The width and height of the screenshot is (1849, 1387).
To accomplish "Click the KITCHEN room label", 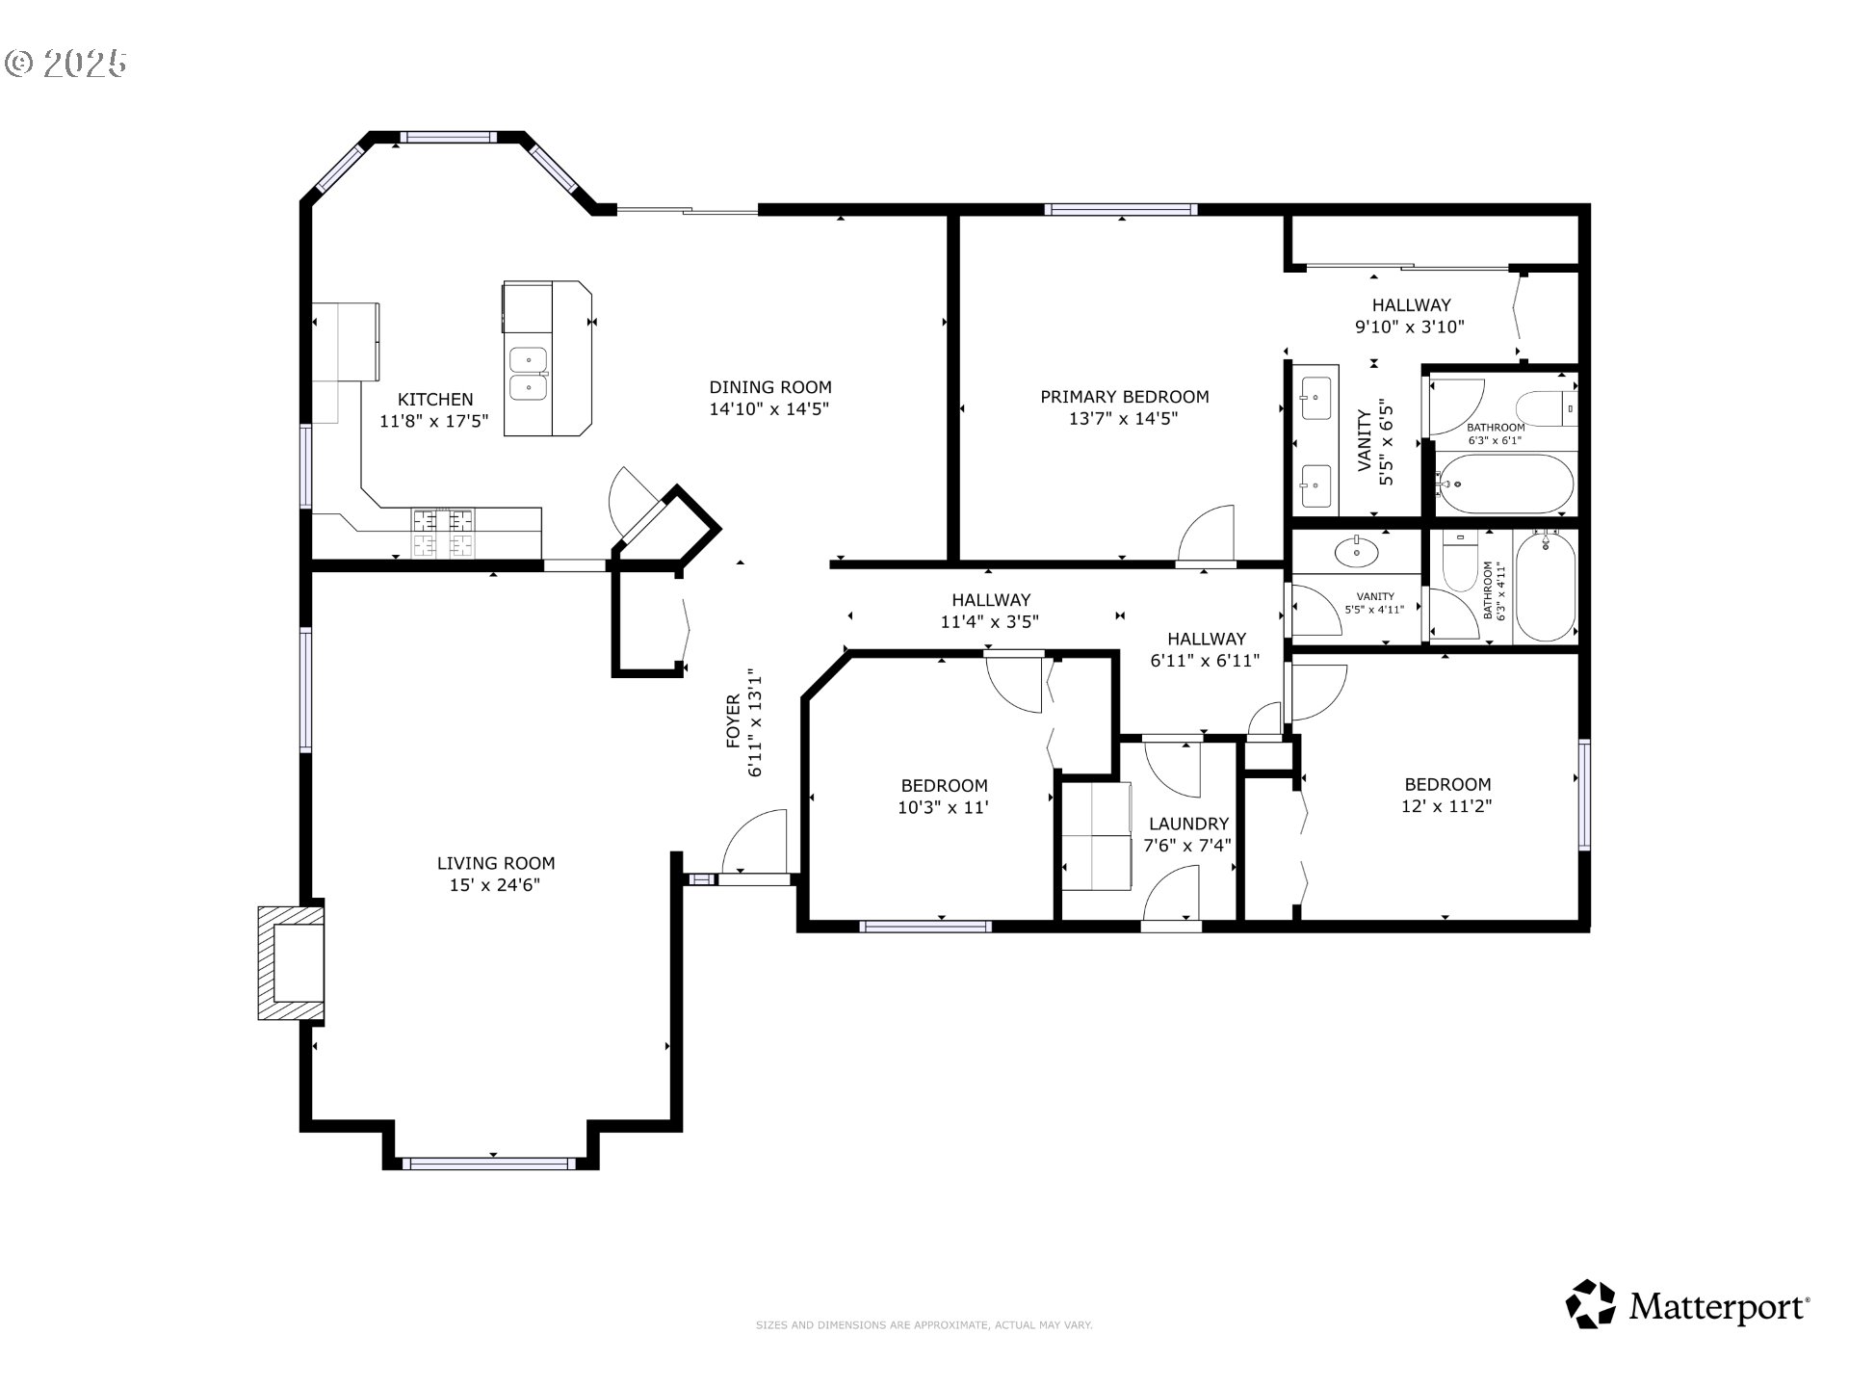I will click(x=435, y=399).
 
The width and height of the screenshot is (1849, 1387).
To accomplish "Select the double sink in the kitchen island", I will click(x=528, y=374).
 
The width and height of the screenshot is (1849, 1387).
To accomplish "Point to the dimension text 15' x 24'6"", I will click(x=495, y=885).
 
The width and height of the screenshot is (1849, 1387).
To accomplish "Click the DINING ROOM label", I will click(x=769, y=387).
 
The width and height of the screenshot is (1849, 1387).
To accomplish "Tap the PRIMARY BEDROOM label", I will click(x=1124, y=396).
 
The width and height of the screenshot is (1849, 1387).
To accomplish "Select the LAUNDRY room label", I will click(x=1188, y=824).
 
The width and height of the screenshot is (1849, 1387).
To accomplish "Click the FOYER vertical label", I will click(x=734, y=721).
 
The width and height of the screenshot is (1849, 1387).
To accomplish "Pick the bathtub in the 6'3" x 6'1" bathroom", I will click(x=1504, y=484).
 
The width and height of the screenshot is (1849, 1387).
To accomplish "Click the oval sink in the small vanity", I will click(x=1356, y=552).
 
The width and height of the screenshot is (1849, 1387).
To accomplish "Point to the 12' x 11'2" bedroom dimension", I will click(x=1446, y=806).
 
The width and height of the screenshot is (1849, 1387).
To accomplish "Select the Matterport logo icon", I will click(x=1590, y=1305).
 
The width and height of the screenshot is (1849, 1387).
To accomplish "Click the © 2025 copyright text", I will click(x=65, y=64).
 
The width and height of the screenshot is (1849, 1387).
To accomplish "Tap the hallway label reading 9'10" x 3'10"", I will click(x=1410, y=327).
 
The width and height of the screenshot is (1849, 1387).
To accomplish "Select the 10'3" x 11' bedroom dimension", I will click(x=944, y=807).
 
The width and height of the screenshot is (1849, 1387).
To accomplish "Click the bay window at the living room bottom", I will click(x=490, y=1164).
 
